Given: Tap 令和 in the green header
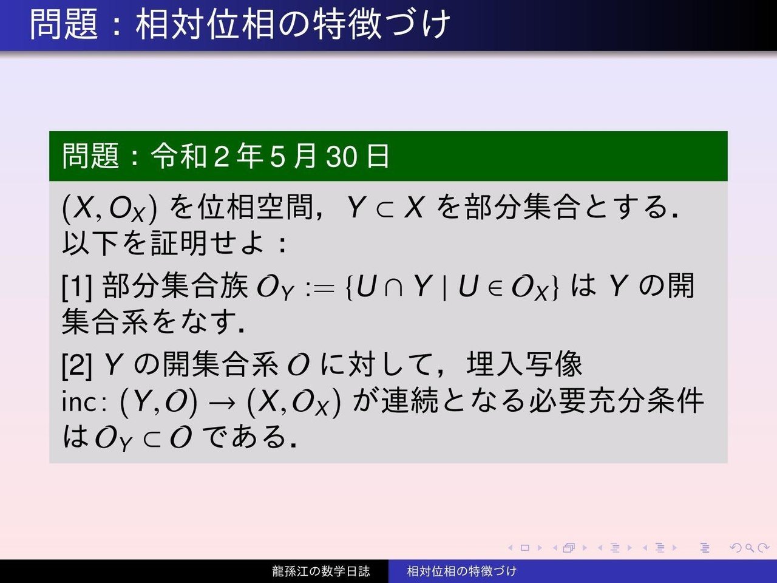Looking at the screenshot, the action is (178, 156).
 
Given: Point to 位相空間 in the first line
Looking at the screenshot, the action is (256, 208).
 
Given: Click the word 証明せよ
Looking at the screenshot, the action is (208, 243).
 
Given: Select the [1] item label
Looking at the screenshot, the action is (77, 287).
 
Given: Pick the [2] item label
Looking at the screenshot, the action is (77, 364).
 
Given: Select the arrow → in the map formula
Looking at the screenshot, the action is (222, 403).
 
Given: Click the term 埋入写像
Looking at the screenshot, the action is (524, 364).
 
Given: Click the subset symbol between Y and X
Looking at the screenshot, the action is (384, 209).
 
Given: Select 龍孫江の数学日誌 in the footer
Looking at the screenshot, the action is (321, 571).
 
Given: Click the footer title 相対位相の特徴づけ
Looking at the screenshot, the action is (461, 571).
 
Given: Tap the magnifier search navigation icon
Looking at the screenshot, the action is (749, 548).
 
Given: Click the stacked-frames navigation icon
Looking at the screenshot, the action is (569, 548).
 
